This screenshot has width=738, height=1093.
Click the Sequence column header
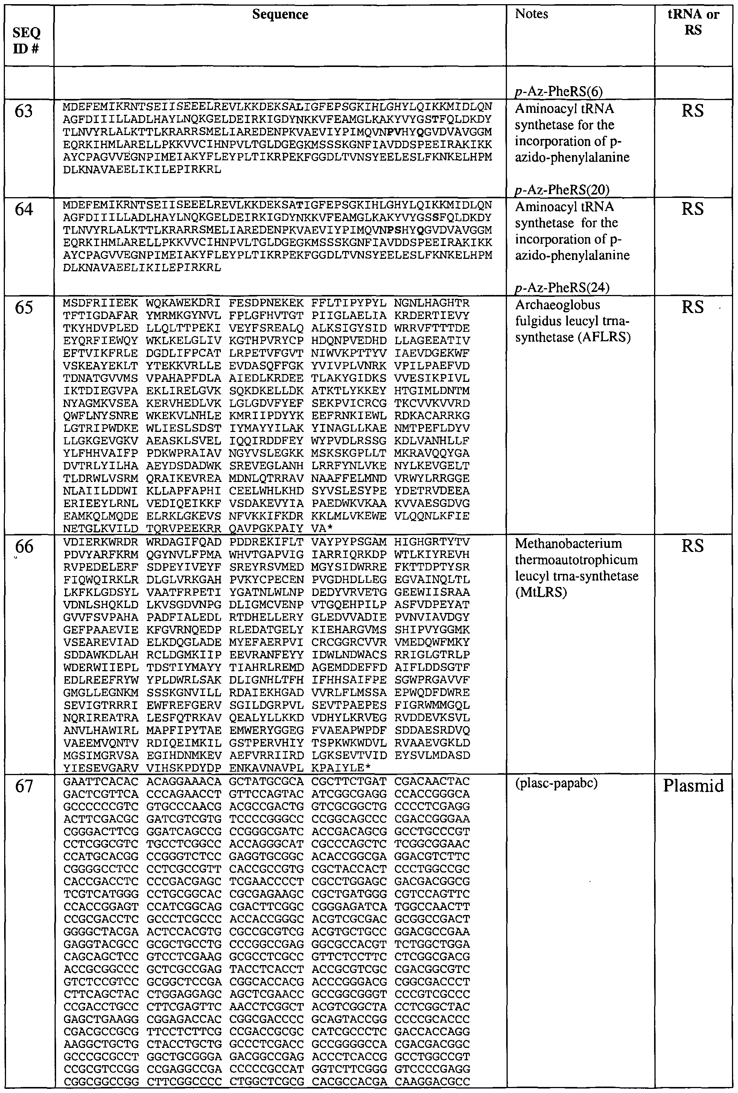(280, 15)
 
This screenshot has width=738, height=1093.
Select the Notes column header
(531, 14)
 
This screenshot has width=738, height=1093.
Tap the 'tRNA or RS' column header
(693, 22)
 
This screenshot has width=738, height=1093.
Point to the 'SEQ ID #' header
(27, 40)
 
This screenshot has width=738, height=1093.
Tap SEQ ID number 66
(24, 546)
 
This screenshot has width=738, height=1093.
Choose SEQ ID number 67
(24, 786)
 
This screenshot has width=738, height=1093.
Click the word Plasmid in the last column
(693, 786)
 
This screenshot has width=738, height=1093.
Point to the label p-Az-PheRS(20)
(562, 190)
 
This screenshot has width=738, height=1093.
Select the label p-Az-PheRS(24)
(562, 287)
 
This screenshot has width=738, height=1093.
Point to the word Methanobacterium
(568, 544)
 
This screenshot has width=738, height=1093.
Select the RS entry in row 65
(693, 308)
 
